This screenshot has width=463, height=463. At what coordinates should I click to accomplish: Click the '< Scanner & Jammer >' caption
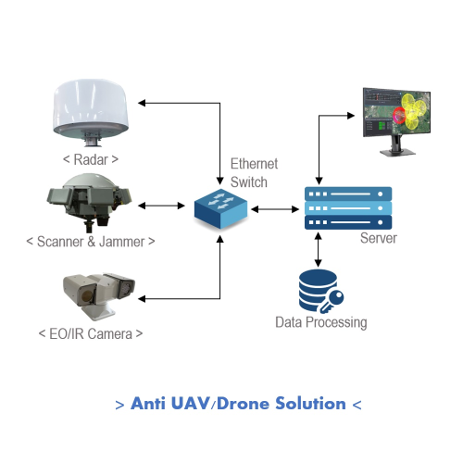click(x=90, y=242)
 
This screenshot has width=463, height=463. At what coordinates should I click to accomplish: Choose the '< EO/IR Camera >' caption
click(x=91, y=332)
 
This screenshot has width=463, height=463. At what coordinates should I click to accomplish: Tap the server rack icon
click(x=348, y=208)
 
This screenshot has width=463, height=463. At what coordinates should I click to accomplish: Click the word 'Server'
click(x=378, y=239)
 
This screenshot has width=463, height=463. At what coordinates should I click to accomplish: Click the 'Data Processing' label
click(x=321, y=323)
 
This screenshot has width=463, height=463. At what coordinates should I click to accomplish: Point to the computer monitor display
click(x=397, y=116)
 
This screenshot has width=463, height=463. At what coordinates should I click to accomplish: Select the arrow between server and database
click(x=319, y=250)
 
